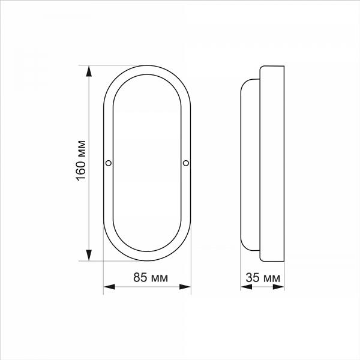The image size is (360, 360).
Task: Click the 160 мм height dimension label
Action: [81, 161]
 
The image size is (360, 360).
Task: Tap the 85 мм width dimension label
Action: [151, 277]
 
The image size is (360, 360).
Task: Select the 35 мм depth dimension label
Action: [263, 278]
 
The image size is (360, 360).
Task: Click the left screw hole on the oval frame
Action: [109, 163]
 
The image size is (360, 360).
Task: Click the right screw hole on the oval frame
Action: [186, 163]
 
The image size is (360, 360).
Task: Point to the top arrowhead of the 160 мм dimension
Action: [89, 71]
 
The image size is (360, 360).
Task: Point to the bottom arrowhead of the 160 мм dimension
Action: [89, 256]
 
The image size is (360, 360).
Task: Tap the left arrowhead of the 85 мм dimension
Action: [109, 287]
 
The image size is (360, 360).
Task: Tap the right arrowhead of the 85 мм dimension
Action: [185, 287]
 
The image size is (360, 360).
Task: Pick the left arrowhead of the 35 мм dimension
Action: [247, 287]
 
